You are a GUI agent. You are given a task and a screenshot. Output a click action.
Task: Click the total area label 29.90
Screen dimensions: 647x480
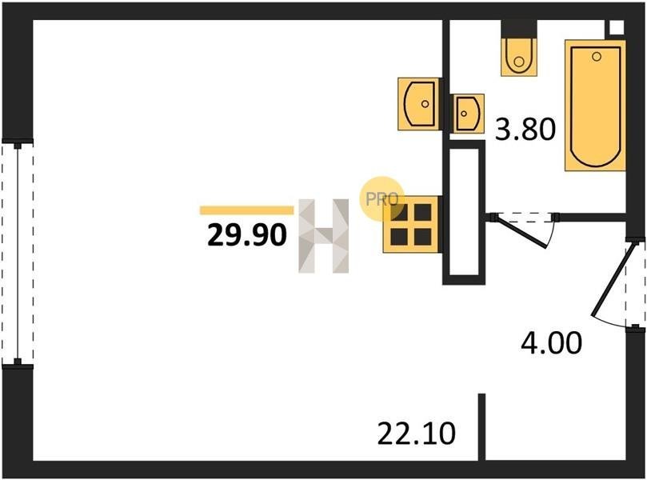247,234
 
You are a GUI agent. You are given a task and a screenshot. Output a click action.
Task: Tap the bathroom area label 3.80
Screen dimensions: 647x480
525,129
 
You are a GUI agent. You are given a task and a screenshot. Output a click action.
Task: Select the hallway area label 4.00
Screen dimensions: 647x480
551,342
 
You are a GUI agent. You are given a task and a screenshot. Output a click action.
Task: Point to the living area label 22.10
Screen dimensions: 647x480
417,434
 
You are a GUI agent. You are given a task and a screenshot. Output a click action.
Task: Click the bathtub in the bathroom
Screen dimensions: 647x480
595,106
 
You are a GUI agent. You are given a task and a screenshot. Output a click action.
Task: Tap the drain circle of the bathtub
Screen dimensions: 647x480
597,57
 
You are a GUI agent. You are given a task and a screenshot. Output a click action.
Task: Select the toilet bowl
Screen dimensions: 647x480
519,57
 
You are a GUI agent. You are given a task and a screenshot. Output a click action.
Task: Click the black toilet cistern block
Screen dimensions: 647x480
519,29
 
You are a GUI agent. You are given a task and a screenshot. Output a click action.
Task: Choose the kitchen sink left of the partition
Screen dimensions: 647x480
418,103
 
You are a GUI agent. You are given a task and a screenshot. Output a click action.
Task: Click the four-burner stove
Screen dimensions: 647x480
410,224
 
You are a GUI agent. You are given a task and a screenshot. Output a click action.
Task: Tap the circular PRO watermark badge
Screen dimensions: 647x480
381,199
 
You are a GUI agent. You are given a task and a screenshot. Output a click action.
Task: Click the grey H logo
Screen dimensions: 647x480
323,236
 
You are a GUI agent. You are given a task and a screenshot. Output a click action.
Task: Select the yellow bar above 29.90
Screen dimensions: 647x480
247,210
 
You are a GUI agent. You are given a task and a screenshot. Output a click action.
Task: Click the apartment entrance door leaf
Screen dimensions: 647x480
611,281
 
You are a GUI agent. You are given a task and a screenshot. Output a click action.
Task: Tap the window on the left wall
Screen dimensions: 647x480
18,254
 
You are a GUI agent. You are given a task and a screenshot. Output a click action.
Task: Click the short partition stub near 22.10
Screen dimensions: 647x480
481,426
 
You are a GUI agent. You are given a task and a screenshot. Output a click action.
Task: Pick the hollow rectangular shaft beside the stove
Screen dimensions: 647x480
464,212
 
